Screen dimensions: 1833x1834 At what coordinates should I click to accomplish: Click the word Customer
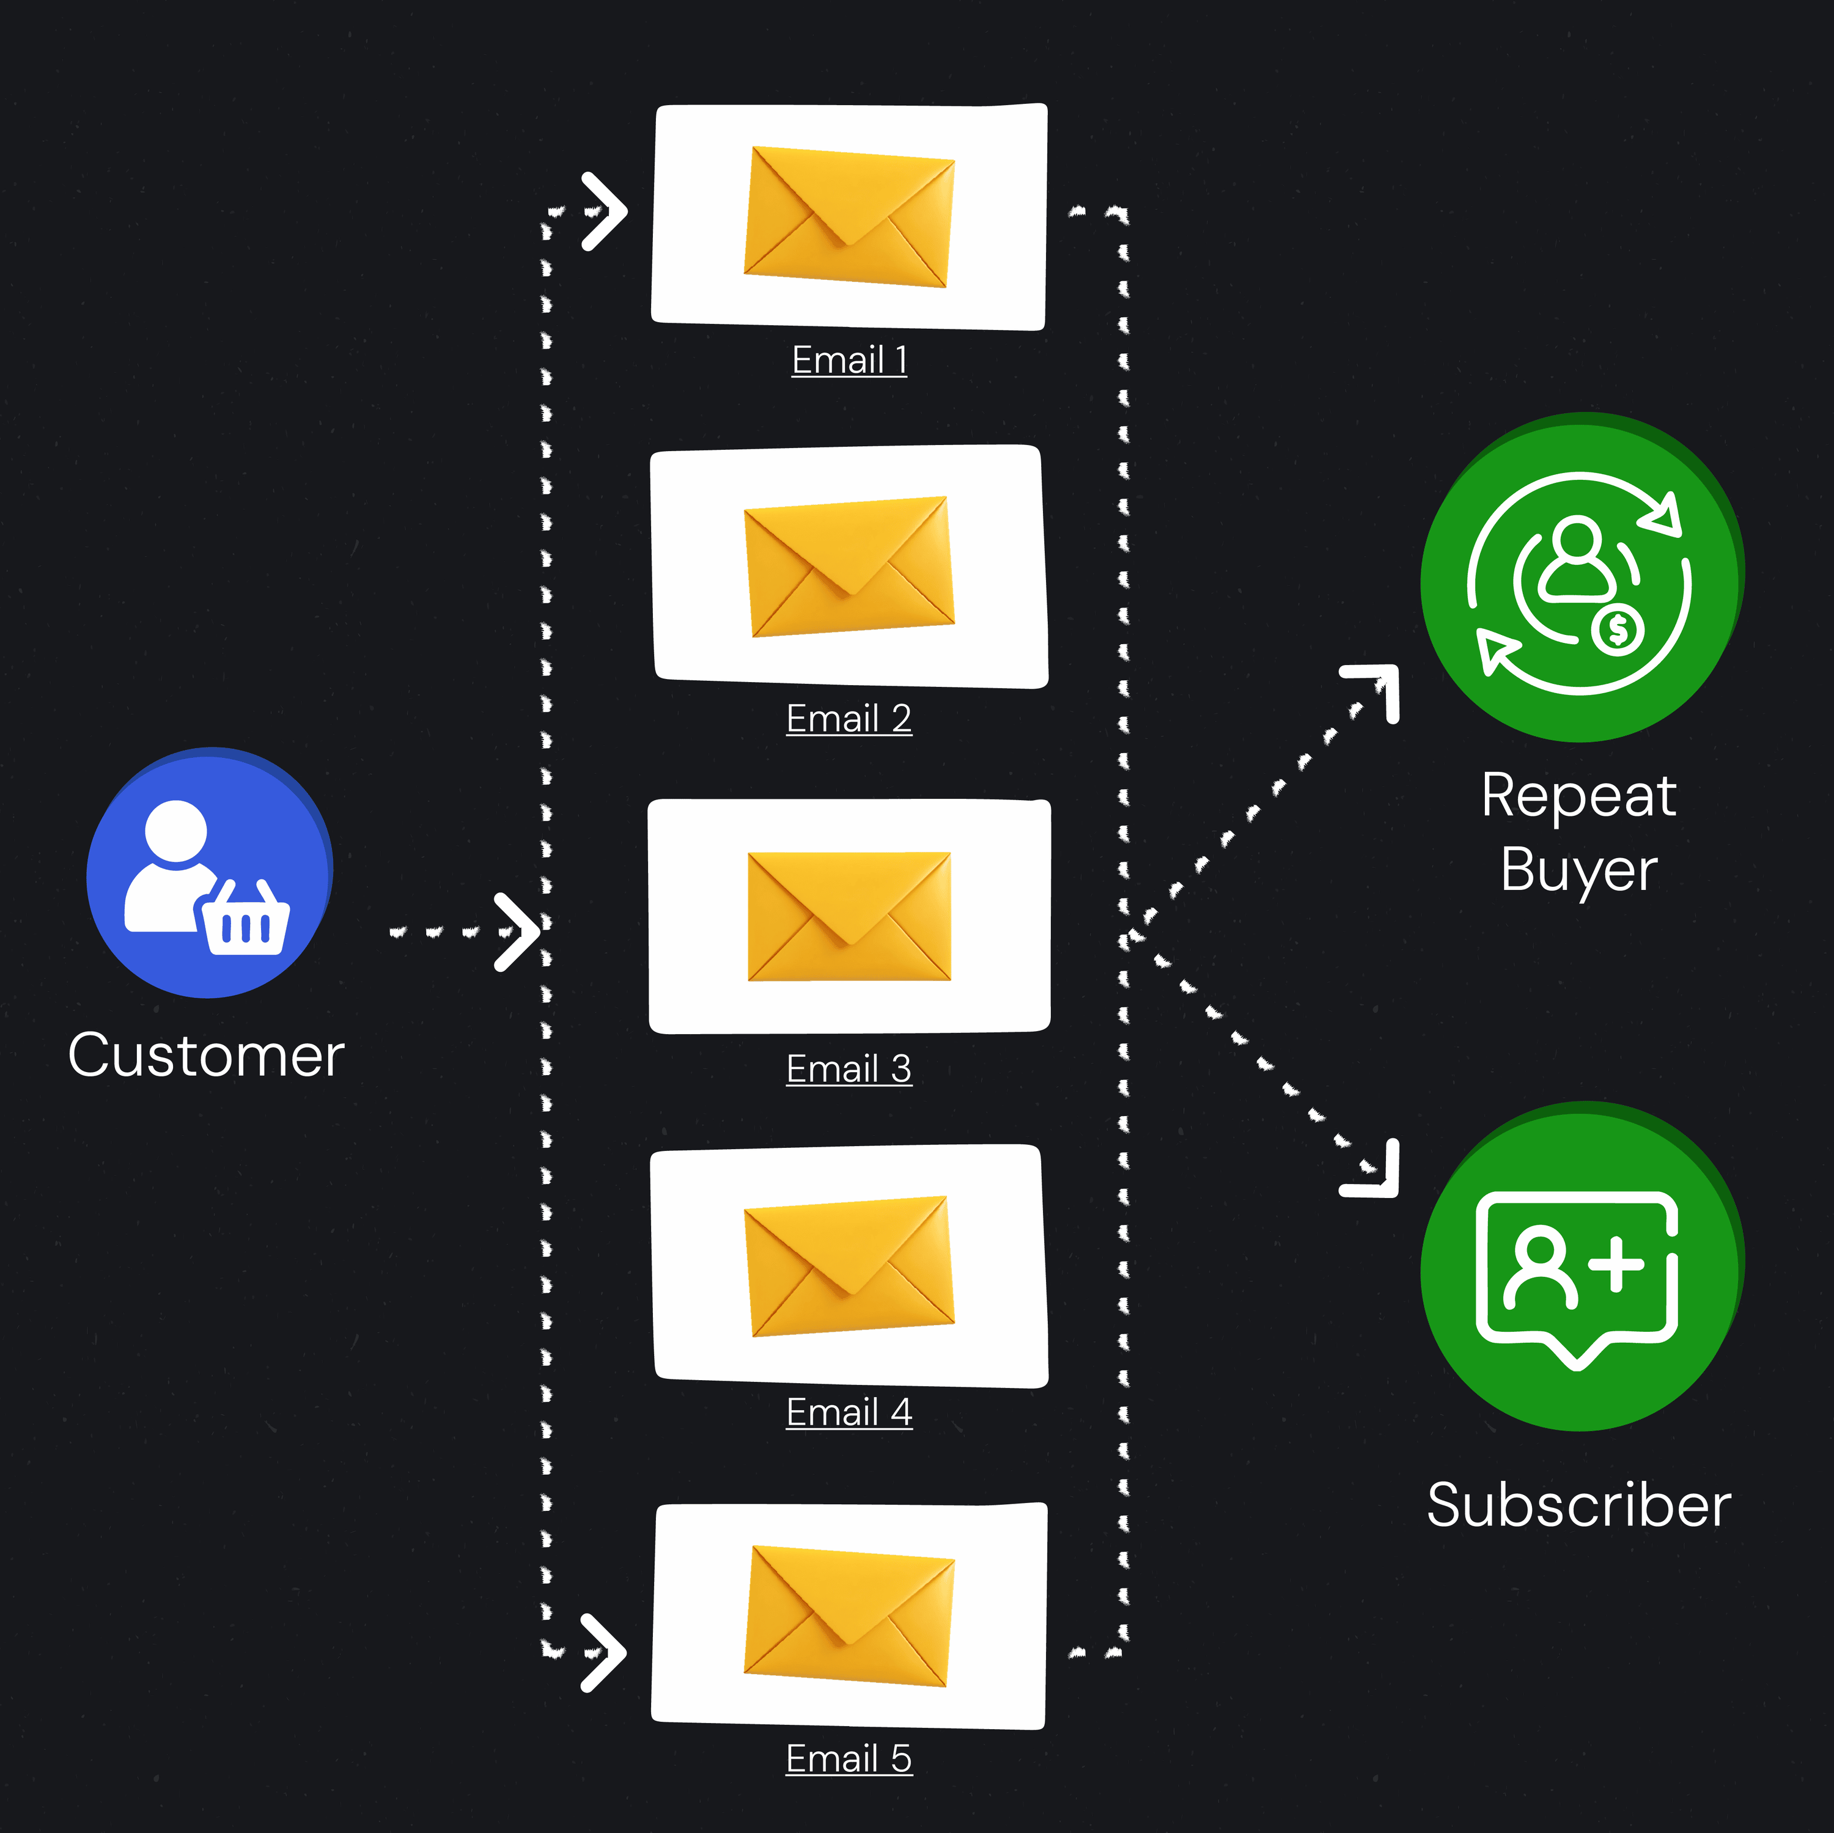pyautogui.click(x=206, y=1056)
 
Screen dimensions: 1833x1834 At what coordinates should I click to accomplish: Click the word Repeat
pyautogui.click(x=1578, y=795)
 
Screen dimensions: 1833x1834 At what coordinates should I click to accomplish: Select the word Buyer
pyautogui.click(x=1578, y=870)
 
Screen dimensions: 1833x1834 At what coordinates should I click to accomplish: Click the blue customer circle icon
pyautogui.click(x=209, y=872)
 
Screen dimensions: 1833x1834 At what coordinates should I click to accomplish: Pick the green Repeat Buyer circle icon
pyautogui.click(x=1580, y=577)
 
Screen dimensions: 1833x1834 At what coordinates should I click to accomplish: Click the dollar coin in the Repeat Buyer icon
pyautogui.click(x=1619, y=630)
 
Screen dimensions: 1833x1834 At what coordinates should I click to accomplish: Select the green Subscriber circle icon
pyautogui.click(x=1580, y=1266)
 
